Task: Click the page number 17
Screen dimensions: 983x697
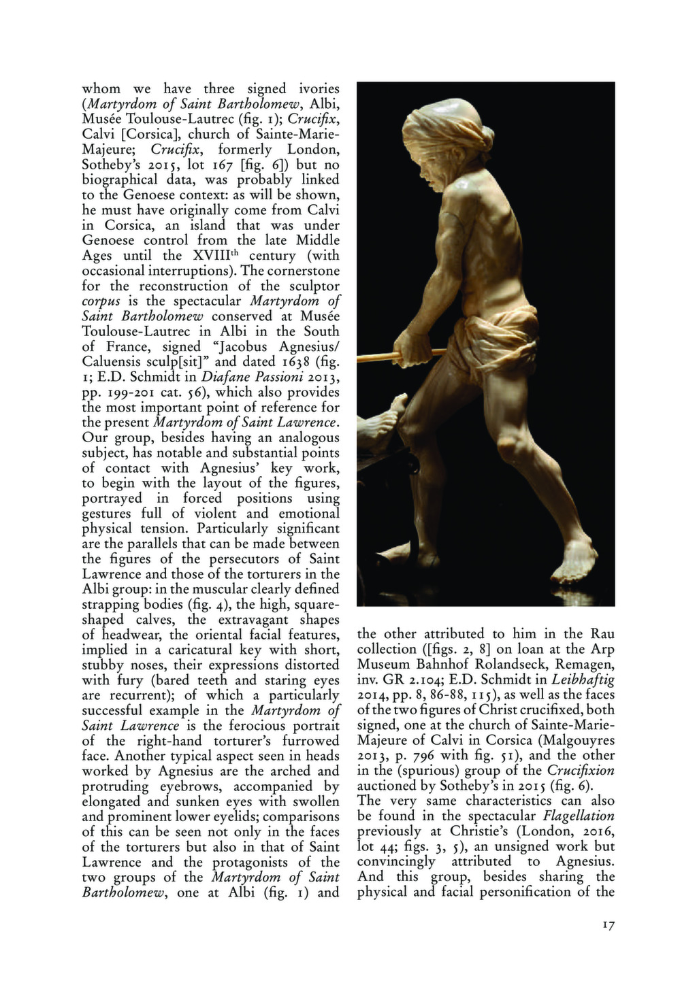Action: coord(608,925)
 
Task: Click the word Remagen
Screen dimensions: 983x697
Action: coord(585,664)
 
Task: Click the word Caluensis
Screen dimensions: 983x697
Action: coord(112,362)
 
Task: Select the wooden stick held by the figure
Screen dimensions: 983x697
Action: coord(381,356)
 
